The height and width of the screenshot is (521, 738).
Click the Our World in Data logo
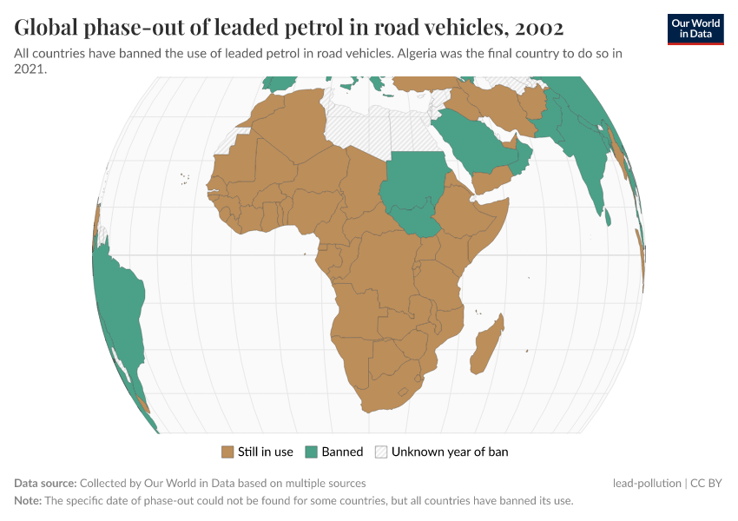click(x=695, y=29)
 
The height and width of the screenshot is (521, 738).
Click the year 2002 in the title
click(x=538, y=28)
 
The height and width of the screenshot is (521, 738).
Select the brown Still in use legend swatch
click(x=228, y=452)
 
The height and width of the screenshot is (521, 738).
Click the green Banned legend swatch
click(x=312, y=452)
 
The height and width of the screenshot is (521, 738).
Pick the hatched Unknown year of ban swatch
click(x=381, y=452)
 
